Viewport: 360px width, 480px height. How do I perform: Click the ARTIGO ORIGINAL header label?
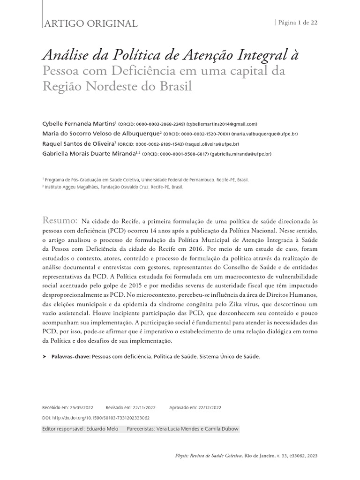coord(90,23)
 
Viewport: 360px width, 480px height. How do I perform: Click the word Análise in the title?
coord(67,55)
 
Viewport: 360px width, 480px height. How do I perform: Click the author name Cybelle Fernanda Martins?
coord(77,124)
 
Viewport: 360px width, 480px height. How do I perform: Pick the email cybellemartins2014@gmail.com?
coord(222,124)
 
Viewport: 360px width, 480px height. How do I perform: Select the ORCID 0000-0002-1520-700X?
coord(204,134)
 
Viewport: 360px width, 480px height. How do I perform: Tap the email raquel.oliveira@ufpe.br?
coord(212,144)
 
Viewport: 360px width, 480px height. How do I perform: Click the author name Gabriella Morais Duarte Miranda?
coord(88,154)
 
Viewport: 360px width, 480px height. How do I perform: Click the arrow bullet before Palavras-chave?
coord(45,357)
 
